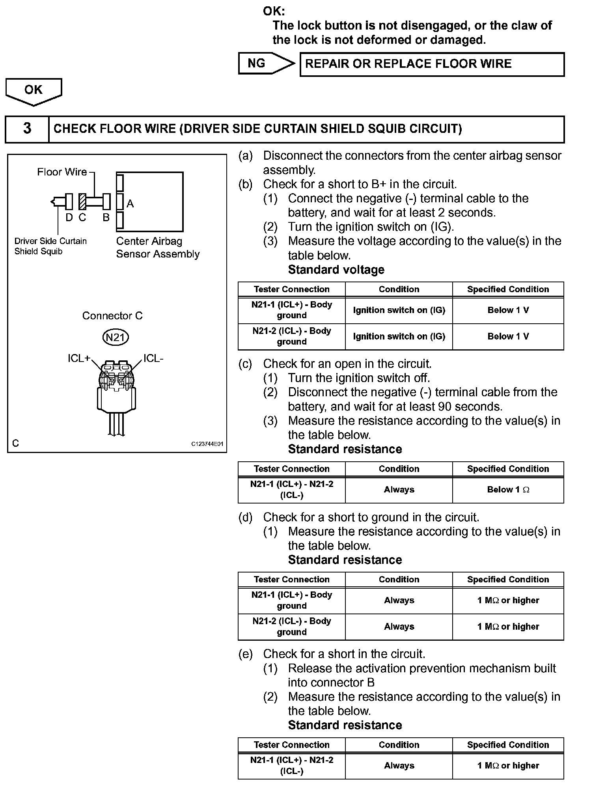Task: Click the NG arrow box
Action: [x=265, y=63]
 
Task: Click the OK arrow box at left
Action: [x=34, y=91]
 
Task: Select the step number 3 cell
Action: [x=27, y=129]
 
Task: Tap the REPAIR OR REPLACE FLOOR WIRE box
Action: [x=432, y=64]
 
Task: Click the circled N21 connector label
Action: [x=116, y=338]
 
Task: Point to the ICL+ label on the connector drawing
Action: [x=79, y=358]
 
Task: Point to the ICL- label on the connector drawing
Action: [x=153, y=358]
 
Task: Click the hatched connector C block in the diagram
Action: [x=82, y=202]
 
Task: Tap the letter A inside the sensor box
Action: [x=130, y=204]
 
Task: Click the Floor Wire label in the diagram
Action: [x=62, y=172]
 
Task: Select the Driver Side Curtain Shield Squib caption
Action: [x=50, y=246]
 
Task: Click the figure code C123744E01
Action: [x=207, y=444]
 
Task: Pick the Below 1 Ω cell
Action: [x=508, y=490]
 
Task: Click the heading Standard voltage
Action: [x=336, y=270]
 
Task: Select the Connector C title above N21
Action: [x=112, y=316]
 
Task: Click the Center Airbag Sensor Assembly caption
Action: [x=158, y=247]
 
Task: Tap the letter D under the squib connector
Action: [x=69, y=218]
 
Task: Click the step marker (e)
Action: [x=245, y=654]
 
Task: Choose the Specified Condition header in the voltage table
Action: [x=508, y=289]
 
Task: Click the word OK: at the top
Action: [x=274, y=11]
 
